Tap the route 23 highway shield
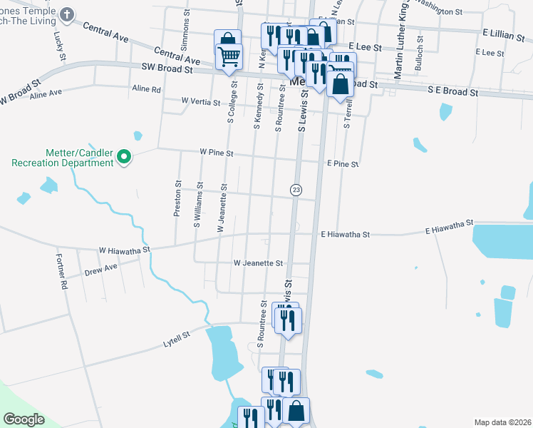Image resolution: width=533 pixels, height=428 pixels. coord(296,190)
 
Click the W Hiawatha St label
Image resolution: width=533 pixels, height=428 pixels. coord(125,250)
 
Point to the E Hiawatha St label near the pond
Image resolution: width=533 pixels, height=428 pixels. coord(450,230)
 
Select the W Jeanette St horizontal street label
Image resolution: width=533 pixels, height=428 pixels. coord(259,263)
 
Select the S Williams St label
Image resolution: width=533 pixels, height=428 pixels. coord(197,208)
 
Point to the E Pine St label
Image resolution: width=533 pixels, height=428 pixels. coord(342,164)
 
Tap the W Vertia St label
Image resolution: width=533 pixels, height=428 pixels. coord(201,102)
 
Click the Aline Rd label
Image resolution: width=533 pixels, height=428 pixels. coord(147,89)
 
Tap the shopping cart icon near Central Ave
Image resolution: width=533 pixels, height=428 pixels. coord(229,57)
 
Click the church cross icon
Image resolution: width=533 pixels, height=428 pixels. coord(66,14)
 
